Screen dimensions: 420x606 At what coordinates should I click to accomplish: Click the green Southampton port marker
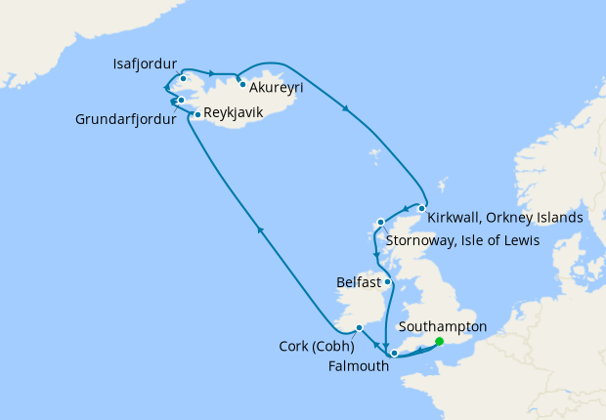click(x=439, y=341)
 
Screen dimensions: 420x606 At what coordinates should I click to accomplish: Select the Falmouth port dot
click(x=390, y=353)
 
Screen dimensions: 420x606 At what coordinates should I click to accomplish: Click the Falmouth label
click(x=364, y=366)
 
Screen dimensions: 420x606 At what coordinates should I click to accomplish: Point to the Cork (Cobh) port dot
click(x=360, y=327)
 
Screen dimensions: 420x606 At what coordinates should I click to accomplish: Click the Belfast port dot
click(x=388, y=282)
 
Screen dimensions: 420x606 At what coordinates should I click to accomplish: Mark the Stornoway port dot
click(x=381, y=223)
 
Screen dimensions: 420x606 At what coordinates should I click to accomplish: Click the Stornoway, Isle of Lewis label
click(x=463, y=240)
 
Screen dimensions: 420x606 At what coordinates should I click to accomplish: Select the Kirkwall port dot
click(x=421, y=208)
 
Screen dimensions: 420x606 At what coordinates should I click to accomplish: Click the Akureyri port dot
click(x=241, y=84)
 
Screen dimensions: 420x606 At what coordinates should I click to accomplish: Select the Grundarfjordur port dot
click(x=181, y=100)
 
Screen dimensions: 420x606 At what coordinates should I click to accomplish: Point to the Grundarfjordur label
click(x=126, y=121)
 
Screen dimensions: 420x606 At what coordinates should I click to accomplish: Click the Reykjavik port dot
click(x=197, y=115)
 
